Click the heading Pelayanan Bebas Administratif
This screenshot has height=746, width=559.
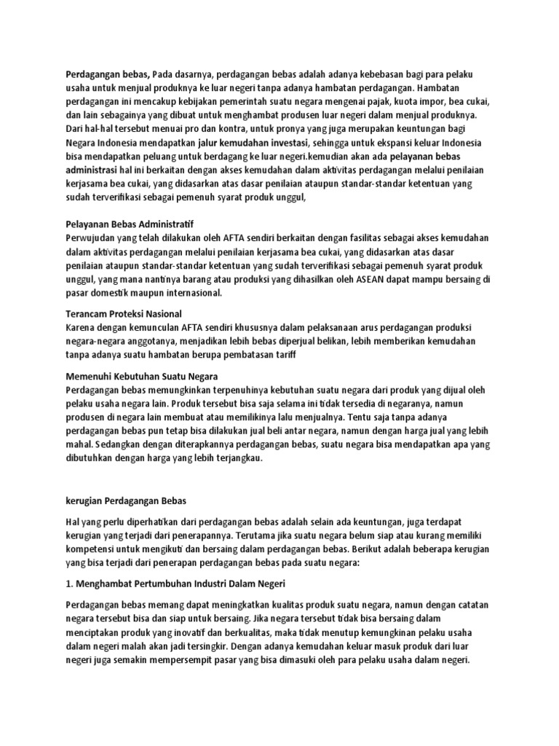130,224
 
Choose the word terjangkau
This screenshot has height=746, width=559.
235,459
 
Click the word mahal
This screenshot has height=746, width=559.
78,445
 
